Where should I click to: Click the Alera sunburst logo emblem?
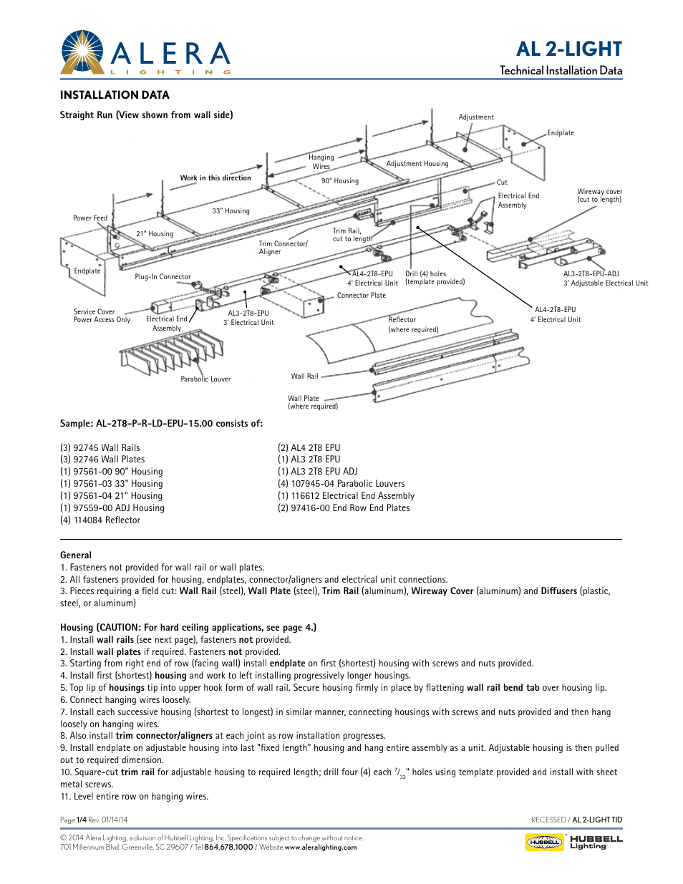click(x=82, y=52)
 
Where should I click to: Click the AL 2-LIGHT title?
click(x=568, y=49)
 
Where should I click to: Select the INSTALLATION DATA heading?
click(x=115, y=95)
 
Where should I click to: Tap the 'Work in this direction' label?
click(x=215, y=178)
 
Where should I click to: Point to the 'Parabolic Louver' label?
click(x=205, y=379)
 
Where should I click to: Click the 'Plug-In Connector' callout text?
click(x=163, y=277)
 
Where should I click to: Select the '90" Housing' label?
click(x=339, y=181)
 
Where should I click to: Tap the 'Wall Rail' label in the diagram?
click(x=304, y=377)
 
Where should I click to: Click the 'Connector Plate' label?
click(x=361, y=296)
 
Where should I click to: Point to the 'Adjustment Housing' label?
click(x=417, y=164)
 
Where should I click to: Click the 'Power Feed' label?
click(x=89, y=218)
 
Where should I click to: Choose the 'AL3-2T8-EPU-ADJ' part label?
click(x=591, y=274)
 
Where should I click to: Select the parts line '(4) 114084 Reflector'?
click(x=100, y=520)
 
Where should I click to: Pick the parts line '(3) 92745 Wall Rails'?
click(x=100, y=448)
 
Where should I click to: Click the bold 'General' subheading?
click(x=76, y=555)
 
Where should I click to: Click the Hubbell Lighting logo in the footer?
click(x=573, y=842)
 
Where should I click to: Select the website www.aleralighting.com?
click(x=320, y=847)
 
